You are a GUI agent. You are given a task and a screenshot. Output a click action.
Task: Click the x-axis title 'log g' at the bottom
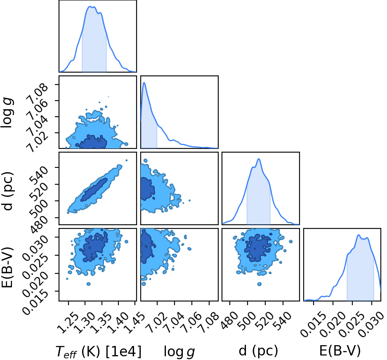(x=179, y=351)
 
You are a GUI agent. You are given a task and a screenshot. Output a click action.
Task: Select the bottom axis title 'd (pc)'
(x=258, y=351)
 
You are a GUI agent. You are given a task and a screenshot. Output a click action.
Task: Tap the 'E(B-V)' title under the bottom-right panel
(x=340, y=351)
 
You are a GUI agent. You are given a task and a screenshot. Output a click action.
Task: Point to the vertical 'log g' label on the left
(x=7, y=113)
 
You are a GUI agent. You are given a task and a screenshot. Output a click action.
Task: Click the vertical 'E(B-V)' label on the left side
(x=7, y=267)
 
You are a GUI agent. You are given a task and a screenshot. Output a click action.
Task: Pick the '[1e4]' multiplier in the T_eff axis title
(x=123, y=351)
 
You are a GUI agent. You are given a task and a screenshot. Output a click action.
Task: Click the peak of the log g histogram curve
(x=144, y=82)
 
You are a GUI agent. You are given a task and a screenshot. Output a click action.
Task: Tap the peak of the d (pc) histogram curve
(x=259, y=159)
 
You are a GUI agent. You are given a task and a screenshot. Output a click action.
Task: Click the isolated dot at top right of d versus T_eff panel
(x=127, y=160)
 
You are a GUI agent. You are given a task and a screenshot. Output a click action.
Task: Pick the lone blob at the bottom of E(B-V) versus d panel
(x=259, y=284)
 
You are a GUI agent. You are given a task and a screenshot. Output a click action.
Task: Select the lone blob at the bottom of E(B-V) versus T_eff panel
(x=88, y=284)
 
